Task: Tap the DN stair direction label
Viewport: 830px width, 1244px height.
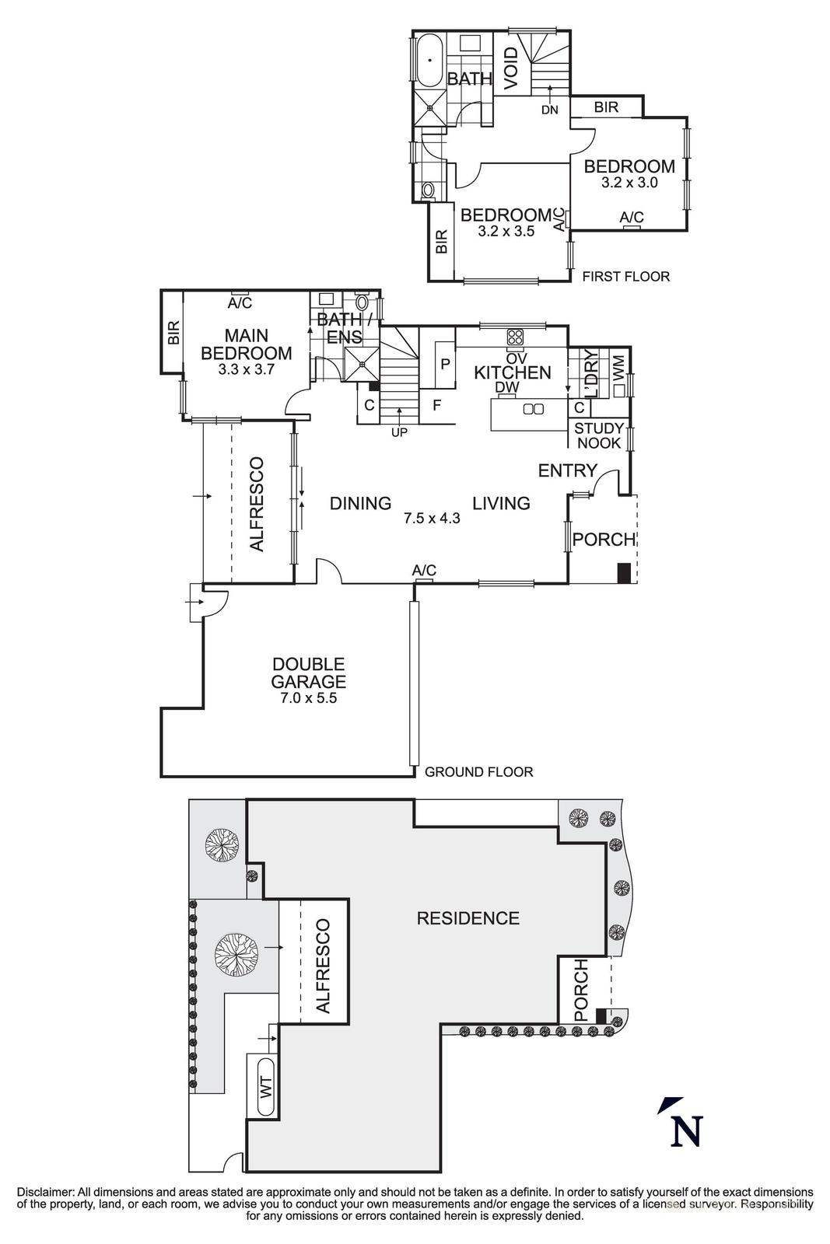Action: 550,110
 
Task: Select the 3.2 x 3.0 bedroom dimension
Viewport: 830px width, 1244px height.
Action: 629,183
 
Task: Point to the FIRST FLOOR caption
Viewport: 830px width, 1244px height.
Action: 625,276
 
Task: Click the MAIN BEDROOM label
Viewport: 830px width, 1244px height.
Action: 247,344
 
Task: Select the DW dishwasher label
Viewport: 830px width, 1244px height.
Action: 506,387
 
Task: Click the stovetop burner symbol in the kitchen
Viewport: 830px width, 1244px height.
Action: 515,337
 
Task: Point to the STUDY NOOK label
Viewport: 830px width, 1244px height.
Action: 599,435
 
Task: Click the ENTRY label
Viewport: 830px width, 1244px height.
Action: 567,470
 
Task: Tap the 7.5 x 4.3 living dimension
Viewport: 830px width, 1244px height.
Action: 432,518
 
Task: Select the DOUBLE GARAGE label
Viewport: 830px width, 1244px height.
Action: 308,673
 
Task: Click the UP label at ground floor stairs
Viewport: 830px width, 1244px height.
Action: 399,433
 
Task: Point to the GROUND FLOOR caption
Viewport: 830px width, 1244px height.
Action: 479,772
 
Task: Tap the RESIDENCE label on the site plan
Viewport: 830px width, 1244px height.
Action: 468,918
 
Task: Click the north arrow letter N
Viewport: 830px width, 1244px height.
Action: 686,1131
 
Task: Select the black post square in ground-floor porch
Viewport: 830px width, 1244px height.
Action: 623,573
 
